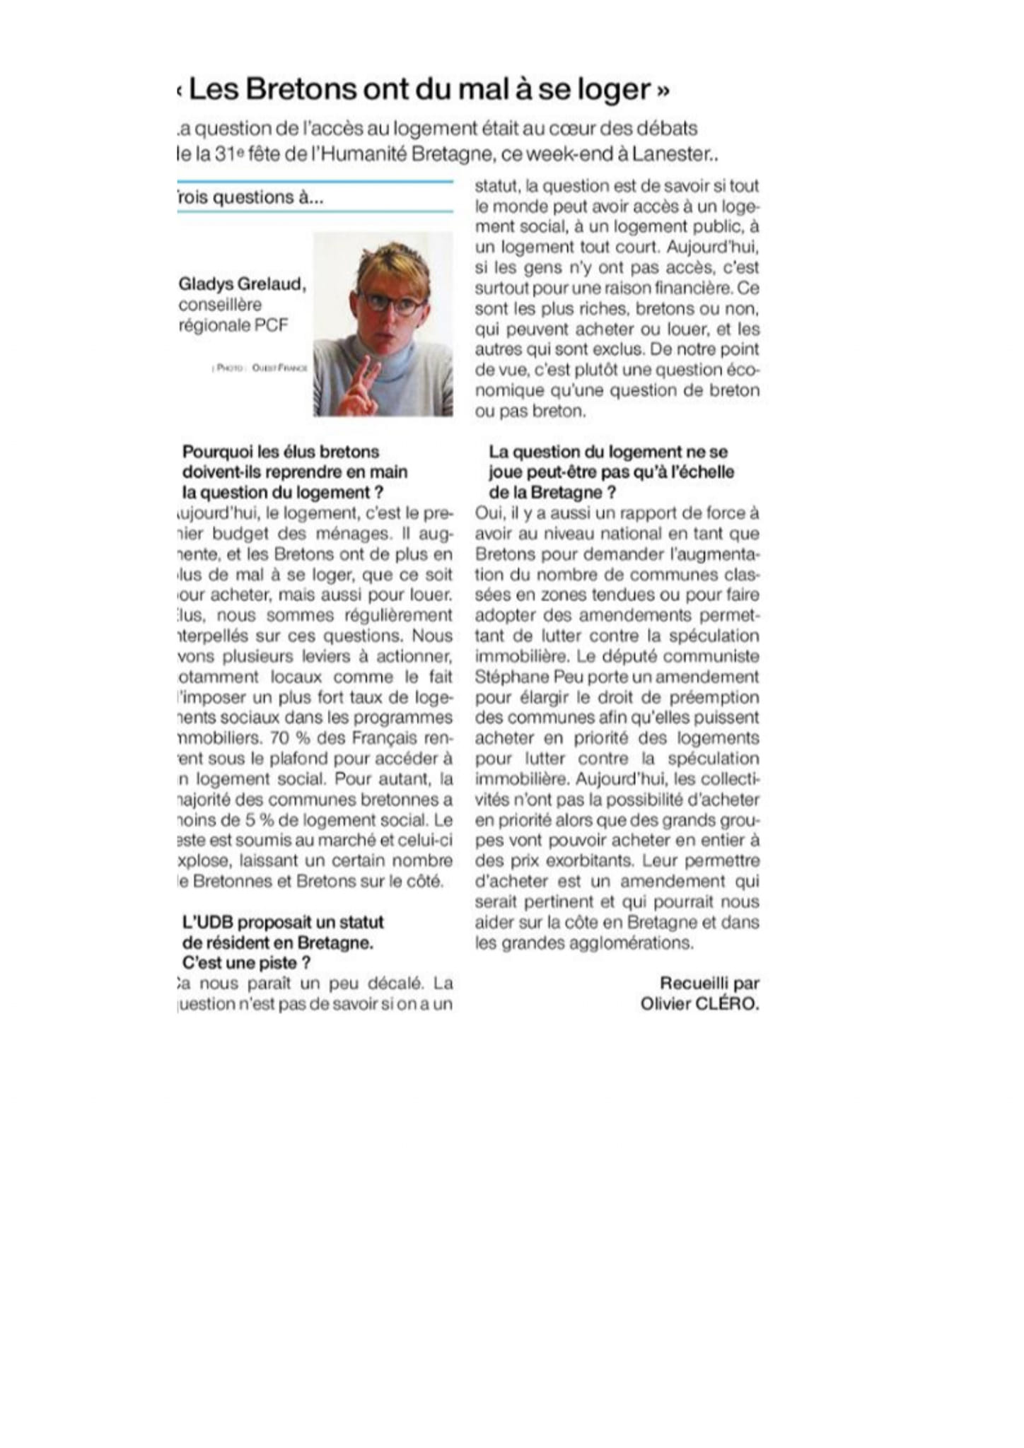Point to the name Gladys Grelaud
[x=242, y=284]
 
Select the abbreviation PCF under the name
[x=272, y=325]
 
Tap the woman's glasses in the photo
[x=393, y=305]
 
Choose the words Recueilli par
[x=709, y=983]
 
